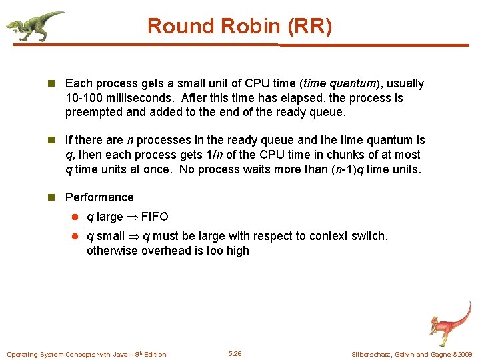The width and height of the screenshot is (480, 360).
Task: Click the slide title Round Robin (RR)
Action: (239, 27)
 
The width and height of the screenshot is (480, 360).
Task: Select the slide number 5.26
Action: (235, 353)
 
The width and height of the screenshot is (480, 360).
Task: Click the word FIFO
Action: (155, 217)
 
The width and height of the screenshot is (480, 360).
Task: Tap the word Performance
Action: (99, 197)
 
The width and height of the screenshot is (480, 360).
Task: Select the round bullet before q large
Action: (77, 217)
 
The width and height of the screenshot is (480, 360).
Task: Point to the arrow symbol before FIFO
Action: (132, 217)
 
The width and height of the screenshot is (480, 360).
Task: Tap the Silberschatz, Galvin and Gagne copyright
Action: (411, 354)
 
